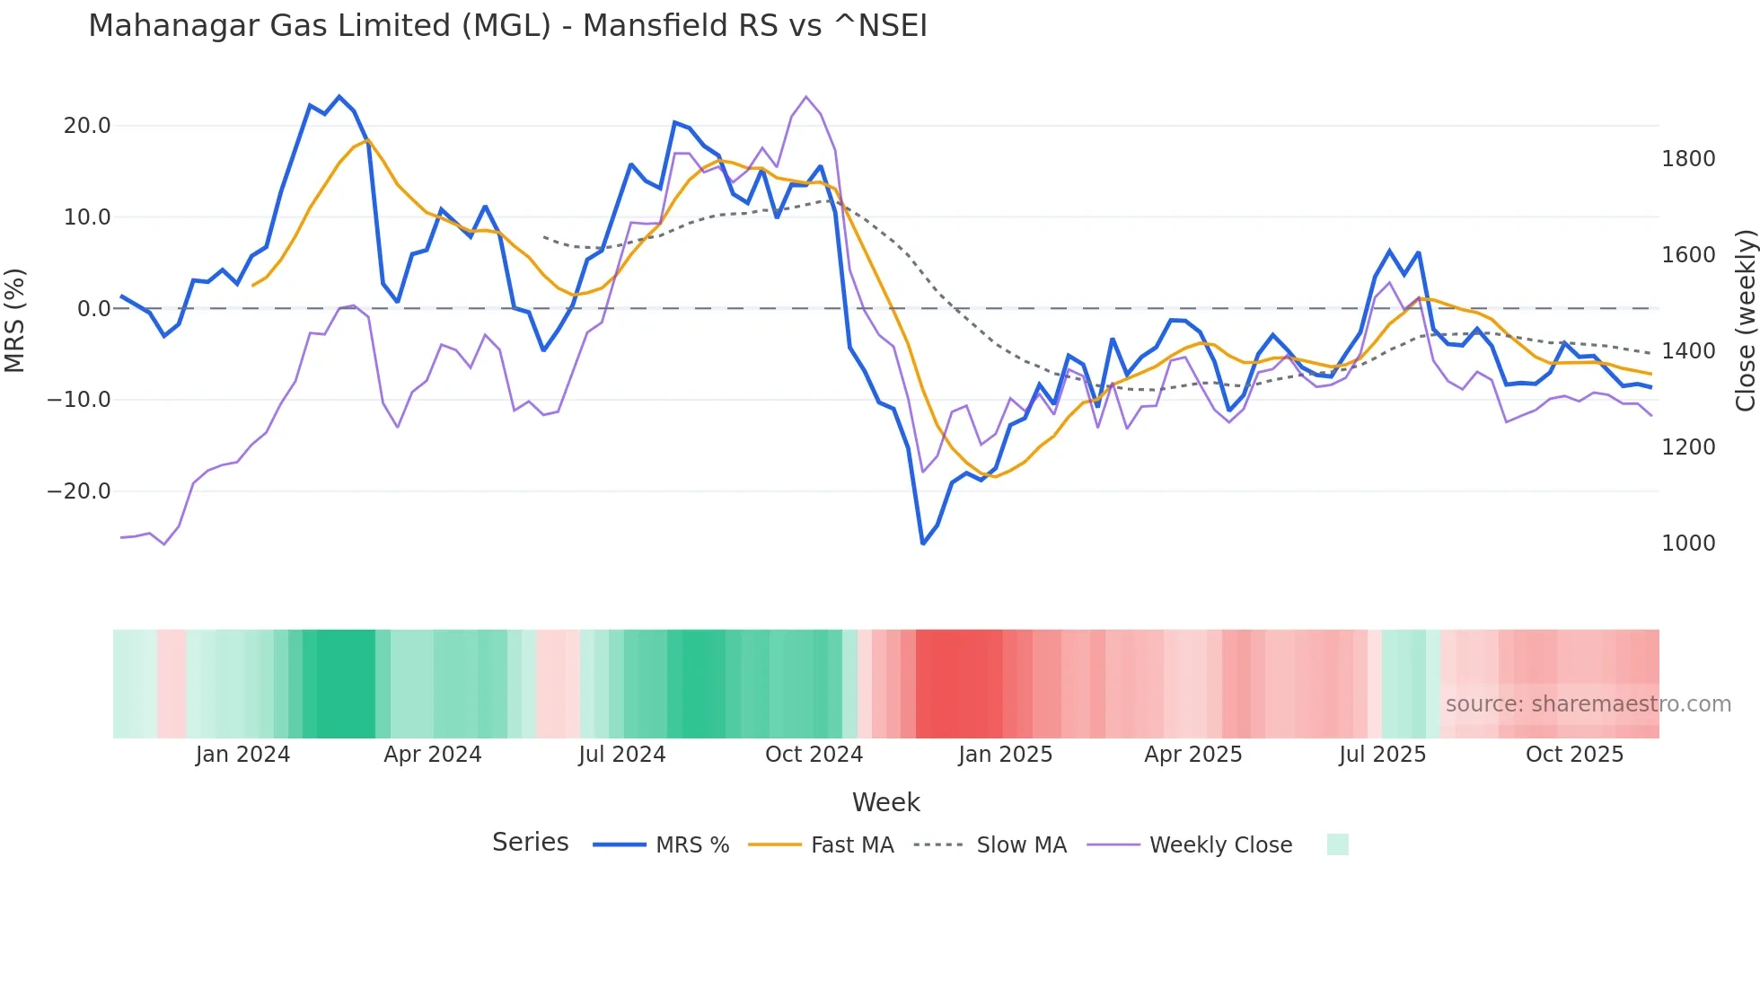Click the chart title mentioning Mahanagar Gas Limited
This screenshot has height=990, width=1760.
point(507,26)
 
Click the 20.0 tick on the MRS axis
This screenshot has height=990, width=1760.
point(87,126)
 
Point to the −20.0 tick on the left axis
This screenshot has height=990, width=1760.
point(79,491)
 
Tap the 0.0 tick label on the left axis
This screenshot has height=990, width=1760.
point(93,309)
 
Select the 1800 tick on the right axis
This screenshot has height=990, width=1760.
point(1688,159)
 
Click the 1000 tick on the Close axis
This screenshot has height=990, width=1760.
point(1688,544)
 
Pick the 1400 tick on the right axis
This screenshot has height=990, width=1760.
point(1688,351)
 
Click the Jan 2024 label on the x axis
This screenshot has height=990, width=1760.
point(242,755)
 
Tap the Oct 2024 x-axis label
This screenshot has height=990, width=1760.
point(814,755)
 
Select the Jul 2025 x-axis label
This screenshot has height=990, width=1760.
point(1382,755)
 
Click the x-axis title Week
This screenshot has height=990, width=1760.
point(885,802)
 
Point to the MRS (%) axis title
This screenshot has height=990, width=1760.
point(15,320)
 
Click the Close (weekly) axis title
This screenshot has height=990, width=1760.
point(1745,321)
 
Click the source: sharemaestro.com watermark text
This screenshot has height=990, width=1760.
point(1588,704)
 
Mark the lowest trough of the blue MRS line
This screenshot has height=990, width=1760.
point(922,544)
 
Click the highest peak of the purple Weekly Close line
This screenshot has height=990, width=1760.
point(805,97)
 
